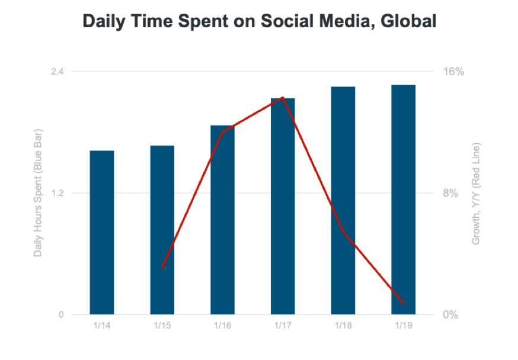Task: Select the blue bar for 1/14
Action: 102,233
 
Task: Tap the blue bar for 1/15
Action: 162,230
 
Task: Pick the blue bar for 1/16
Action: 223,220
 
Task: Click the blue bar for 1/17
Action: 283,206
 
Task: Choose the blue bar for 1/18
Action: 343,201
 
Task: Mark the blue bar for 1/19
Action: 404,200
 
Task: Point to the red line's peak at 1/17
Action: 283,97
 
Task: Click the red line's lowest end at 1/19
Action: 404,303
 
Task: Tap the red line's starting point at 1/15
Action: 162,267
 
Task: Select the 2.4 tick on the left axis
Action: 57,71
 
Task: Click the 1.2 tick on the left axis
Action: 57,193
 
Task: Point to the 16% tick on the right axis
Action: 453,71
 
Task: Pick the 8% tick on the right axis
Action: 450,193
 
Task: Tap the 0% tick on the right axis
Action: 450,315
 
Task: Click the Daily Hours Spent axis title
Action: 38,193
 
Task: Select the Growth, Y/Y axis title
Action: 476,194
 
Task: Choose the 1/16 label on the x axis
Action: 223,326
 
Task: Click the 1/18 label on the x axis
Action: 343,326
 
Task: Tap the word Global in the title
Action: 408,21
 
